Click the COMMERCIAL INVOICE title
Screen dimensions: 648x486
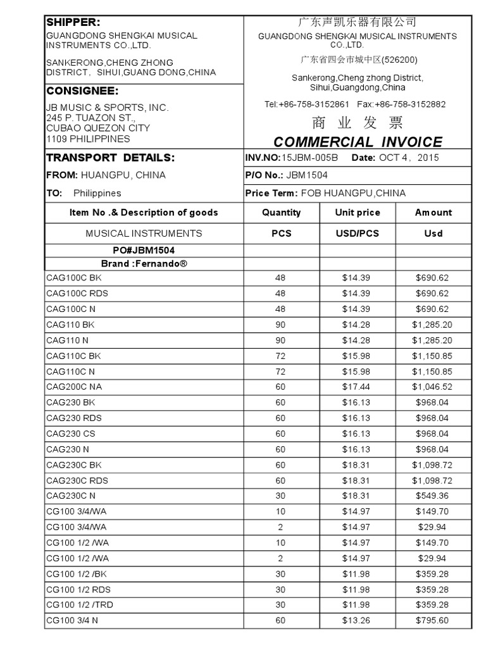pos(358,142)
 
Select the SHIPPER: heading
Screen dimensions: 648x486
pos(73,22)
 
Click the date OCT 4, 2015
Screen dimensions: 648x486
pos(409,158)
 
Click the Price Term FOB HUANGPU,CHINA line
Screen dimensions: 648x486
pos(325,193)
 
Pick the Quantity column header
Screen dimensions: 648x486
pos(281,213)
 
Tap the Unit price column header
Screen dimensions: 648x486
pos(357,213)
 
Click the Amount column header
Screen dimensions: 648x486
pos(433,213)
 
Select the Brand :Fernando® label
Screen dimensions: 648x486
pos(144,263)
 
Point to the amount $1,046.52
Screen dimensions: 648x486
pos(433,387)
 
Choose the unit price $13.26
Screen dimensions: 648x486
pos(357,620)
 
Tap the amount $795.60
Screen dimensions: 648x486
pos(433,620)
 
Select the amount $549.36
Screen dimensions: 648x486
pos(433,495)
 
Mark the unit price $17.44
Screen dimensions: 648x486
pos(357,387)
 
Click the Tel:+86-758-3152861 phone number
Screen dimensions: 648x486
pos(307,104)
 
